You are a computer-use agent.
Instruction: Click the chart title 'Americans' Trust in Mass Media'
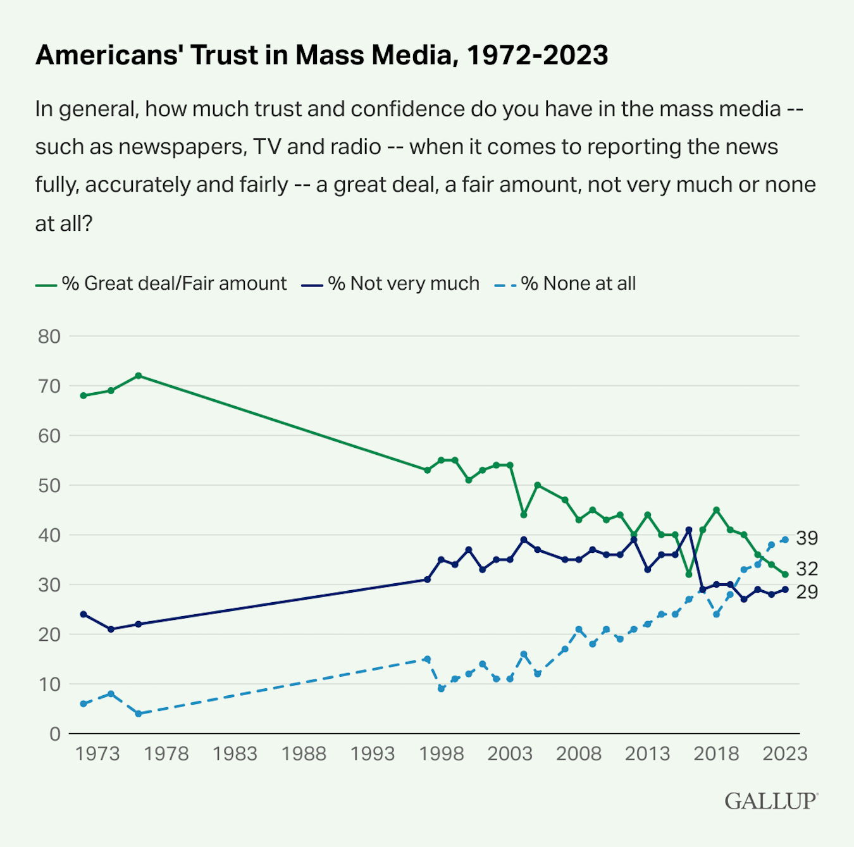coord(321,55)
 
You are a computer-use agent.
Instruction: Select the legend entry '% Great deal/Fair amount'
coord(173,283)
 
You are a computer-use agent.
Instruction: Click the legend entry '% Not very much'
coord(403,283)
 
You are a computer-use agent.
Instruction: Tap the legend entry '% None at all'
coord(578,283)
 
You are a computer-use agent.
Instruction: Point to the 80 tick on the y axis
coord(49,336)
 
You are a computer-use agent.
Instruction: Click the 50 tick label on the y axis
coord(49,485)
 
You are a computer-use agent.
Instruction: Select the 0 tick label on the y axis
coord(55,734)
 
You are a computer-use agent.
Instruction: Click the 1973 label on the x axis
coord(97,754)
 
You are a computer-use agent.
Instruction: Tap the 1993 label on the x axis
coord(373,754)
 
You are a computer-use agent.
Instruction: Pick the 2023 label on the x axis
coord(785,754)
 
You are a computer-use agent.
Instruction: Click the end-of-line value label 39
coord(807,538)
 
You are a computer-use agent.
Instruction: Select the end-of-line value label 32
coord(807,569)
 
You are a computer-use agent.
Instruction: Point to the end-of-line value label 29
coord(807,592)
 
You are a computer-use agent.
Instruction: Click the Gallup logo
coord(771,801)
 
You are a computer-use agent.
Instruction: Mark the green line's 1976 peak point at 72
coord(139,376)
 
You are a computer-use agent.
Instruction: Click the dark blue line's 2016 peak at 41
coord(689,530)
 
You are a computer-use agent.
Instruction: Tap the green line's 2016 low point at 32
coord(689,574)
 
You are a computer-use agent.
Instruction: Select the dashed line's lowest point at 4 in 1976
coord(139,714)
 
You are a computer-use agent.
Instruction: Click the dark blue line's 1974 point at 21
coord(111,629)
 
